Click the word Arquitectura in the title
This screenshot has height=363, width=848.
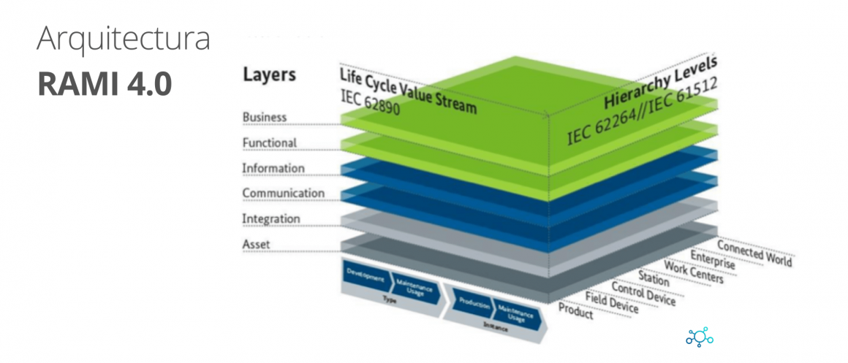(124, 40)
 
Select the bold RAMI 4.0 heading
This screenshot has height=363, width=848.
(105, 84)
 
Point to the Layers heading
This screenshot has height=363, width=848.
(269, 74)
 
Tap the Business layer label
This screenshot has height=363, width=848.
(265, 117)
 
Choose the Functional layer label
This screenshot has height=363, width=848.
(269, 142)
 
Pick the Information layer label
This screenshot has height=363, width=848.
(273, 168)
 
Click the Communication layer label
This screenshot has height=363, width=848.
(283, 193)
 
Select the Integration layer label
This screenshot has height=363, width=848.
(270, 218)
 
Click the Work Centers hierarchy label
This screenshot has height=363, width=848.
(693, 272)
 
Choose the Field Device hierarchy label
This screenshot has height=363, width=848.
(612, 303)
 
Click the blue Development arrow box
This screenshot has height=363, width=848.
(365, 278)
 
